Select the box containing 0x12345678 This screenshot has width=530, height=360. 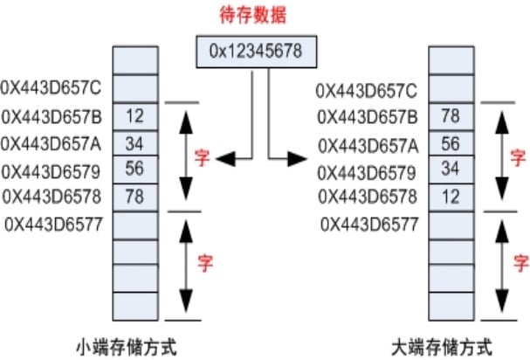[x=255, y=52]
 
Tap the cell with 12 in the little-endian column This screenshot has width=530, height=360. [x=134, y=115]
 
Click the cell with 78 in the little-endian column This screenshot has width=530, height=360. [x=134, y=197]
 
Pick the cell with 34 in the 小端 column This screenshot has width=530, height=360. [x=134, y=142]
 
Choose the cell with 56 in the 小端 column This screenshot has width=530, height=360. [x=134, y=170]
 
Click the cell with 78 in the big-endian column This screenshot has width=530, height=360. [x=451, y=115]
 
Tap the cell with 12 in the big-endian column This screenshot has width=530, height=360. [x=451, y=197]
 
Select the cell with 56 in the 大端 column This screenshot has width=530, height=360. [x=451, y=142]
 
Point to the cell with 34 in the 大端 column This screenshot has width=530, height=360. [x=451, y=170]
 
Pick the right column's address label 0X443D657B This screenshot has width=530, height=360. [x=368, y=115]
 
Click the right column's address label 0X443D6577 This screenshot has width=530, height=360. [x=370, y=224]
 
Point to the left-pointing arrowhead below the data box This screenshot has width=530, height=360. [x=226, y=158]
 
